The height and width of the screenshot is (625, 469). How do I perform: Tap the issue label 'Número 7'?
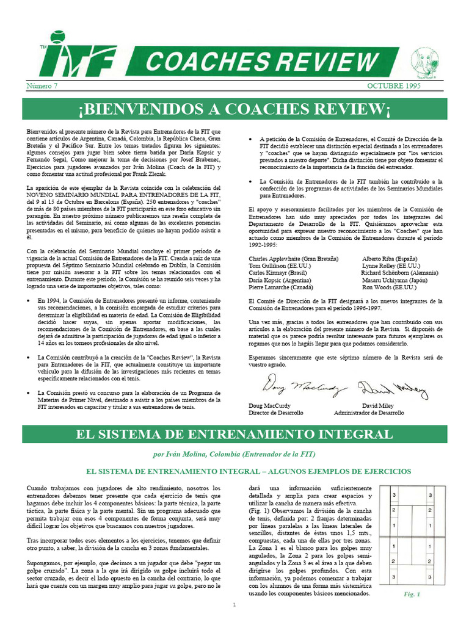42,85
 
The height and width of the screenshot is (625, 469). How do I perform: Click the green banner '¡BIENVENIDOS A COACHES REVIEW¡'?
234,109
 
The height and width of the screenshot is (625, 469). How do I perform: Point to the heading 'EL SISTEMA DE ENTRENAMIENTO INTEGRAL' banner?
234,434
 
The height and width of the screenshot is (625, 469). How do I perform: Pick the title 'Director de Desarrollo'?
276,413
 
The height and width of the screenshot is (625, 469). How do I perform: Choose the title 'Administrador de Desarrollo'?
369,413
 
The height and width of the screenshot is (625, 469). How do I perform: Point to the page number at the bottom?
234,605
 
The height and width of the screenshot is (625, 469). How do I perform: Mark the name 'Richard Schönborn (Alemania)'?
404,273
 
